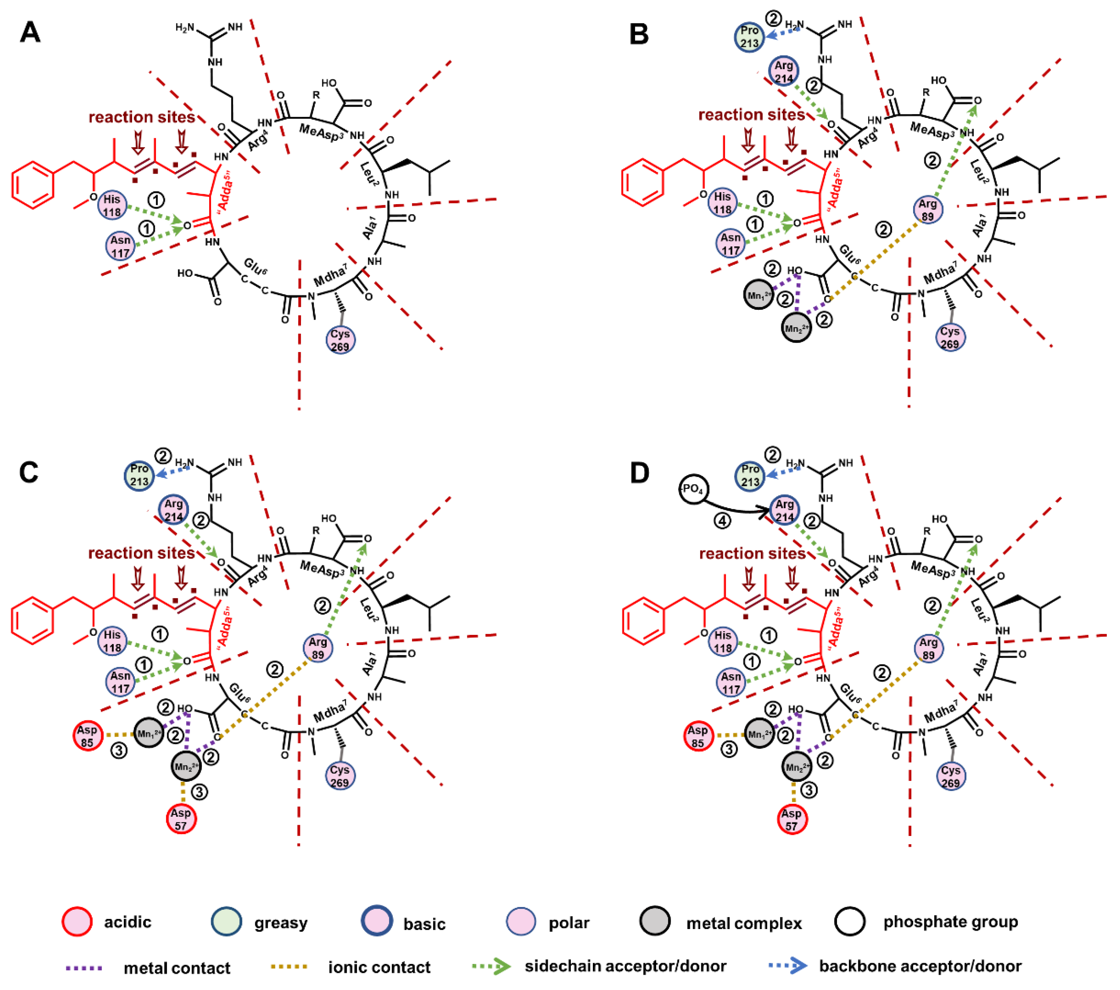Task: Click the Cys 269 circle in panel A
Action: point(340,340)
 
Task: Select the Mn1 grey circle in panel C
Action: point(149,732)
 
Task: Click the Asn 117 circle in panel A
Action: point(121,246)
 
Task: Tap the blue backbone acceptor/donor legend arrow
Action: point(788,966)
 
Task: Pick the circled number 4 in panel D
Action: point(723,520)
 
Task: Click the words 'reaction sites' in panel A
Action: point(142,117)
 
